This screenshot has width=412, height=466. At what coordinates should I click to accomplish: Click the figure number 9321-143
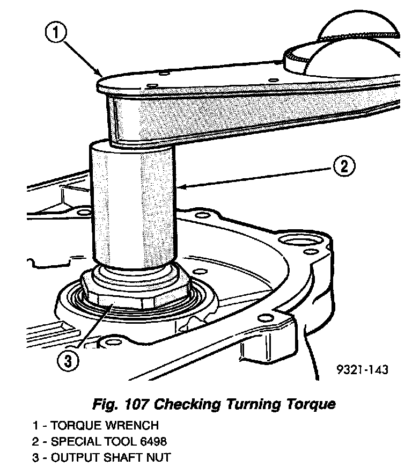coord(362,369)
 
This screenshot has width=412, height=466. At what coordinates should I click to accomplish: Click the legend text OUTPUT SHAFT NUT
coord(115,457)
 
